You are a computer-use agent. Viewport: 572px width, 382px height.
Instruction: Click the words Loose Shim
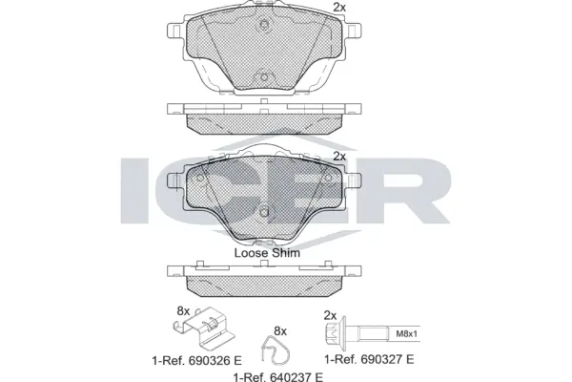click(267, 254)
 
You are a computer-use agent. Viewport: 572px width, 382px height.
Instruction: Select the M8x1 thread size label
click(407, 333)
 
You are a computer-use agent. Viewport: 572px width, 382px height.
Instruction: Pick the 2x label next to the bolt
click(331, 315)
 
